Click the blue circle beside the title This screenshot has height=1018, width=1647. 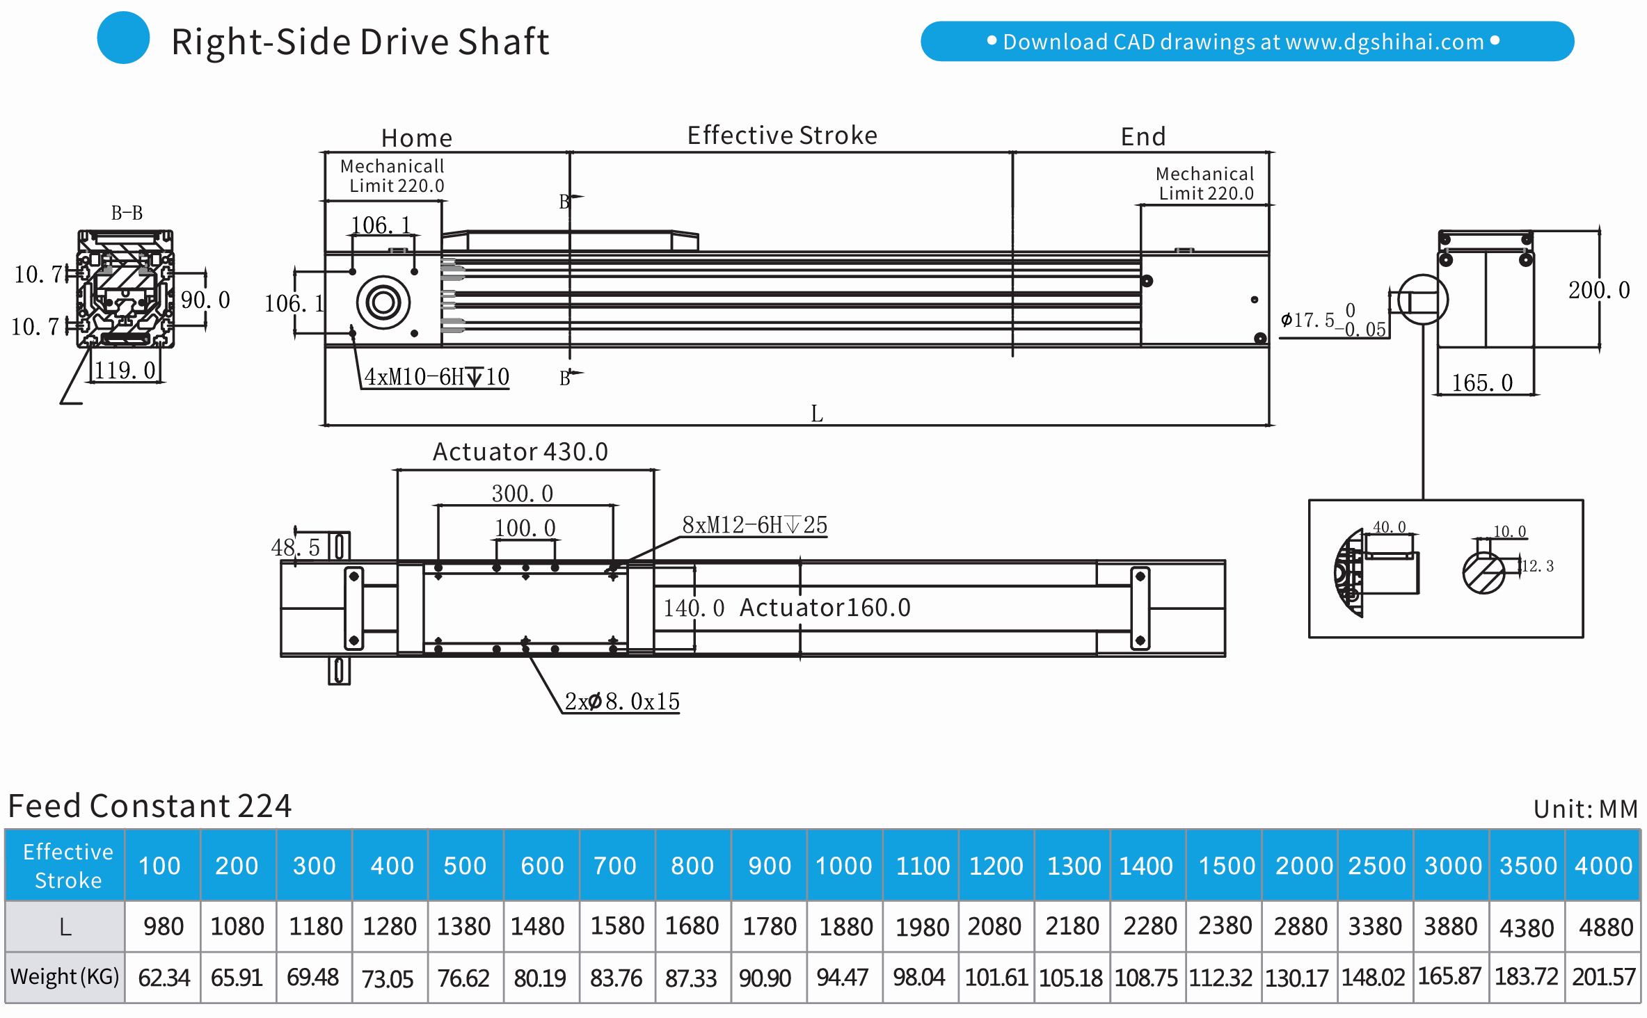tap(123, 38)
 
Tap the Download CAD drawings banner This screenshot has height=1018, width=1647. tap(1246, 42)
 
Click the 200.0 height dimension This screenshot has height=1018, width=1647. tap(1598, 290)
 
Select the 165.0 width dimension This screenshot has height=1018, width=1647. tap(1482, 383)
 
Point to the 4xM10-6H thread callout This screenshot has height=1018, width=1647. tap(436, 377)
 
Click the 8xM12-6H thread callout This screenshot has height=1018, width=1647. tap(754, 525)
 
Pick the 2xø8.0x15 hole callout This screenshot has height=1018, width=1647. tap(621, 702)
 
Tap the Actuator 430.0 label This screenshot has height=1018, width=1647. tap(520, 452)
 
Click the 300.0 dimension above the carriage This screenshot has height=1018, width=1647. tap(522, 494)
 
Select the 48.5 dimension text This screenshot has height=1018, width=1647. tap(295, 548)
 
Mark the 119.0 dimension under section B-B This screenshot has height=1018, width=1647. tap(125, 371)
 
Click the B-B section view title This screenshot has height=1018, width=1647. tap(127, 213)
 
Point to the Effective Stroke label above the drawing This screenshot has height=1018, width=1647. tap(781, 136)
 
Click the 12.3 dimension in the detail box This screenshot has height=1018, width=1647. tap(1538, 566)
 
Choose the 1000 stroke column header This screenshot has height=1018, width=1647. tap(843, 866)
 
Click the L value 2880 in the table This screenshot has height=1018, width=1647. tap(1300, 927)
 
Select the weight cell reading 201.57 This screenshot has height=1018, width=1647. tap(1603, 977)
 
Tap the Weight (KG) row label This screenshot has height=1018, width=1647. tap(65, 977)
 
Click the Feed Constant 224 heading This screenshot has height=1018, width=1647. tap(150, 806)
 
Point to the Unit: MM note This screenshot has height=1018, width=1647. tap(1585, 809)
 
